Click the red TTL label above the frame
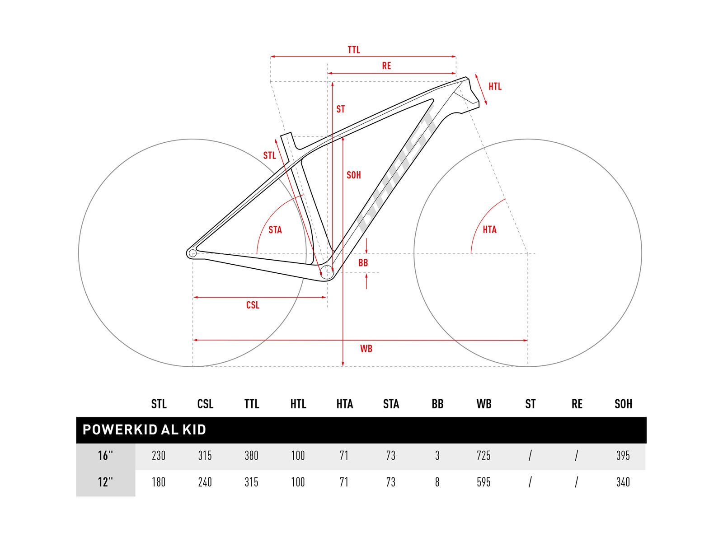click(x=354, y=50)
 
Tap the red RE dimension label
click(x=386, y=66)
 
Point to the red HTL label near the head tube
click(x=495, y=87)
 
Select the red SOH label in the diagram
click(x=353, y=175)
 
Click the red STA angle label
click(x=275, y=230)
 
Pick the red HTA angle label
click(x=489, y=229)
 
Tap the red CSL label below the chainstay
click(x=253, y=305)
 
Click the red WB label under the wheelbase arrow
click(x=366, y=349)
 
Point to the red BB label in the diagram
click(x=363, y=262)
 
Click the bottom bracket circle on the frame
click(x=327, y=272)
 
